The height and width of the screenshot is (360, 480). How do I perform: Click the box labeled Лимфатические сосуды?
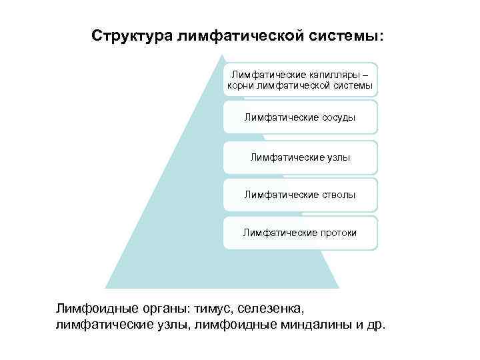[x=300, y=117]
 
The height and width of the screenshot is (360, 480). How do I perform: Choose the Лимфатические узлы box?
[x=300, y=157]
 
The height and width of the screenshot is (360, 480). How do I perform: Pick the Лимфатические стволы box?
[x=300, y=195]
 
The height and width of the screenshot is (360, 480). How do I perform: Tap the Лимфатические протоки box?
[x=300, y=233]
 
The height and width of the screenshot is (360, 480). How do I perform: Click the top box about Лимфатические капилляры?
[x=300, y=79]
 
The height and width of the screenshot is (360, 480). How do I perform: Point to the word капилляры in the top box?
[x=337, y=73]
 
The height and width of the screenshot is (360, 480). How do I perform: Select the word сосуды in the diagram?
[x=335, y=117]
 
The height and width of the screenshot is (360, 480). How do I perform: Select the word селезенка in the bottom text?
[x=271, y=309]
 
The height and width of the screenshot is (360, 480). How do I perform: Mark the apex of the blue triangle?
[x=222, y=55]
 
